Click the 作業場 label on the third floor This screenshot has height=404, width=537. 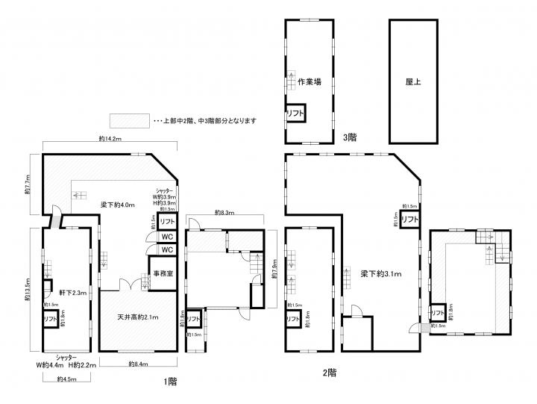click(x=309, y=82)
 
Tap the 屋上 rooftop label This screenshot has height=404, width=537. click(x=413, y=82)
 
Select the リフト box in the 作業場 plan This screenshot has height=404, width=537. click(x=295, y=114)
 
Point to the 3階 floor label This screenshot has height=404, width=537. click(x=350, y=137)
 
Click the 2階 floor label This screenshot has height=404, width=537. click(x=329, y=371)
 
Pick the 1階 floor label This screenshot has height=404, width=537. click(x=172, y=381)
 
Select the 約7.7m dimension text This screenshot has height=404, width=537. click(x=28, y=184)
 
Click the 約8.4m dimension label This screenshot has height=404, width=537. click(x=139, y=364)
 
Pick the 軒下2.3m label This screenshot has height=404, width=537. click(x=72, y=293)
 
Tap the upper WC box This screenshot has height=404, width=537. click(x=167, y=237)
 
